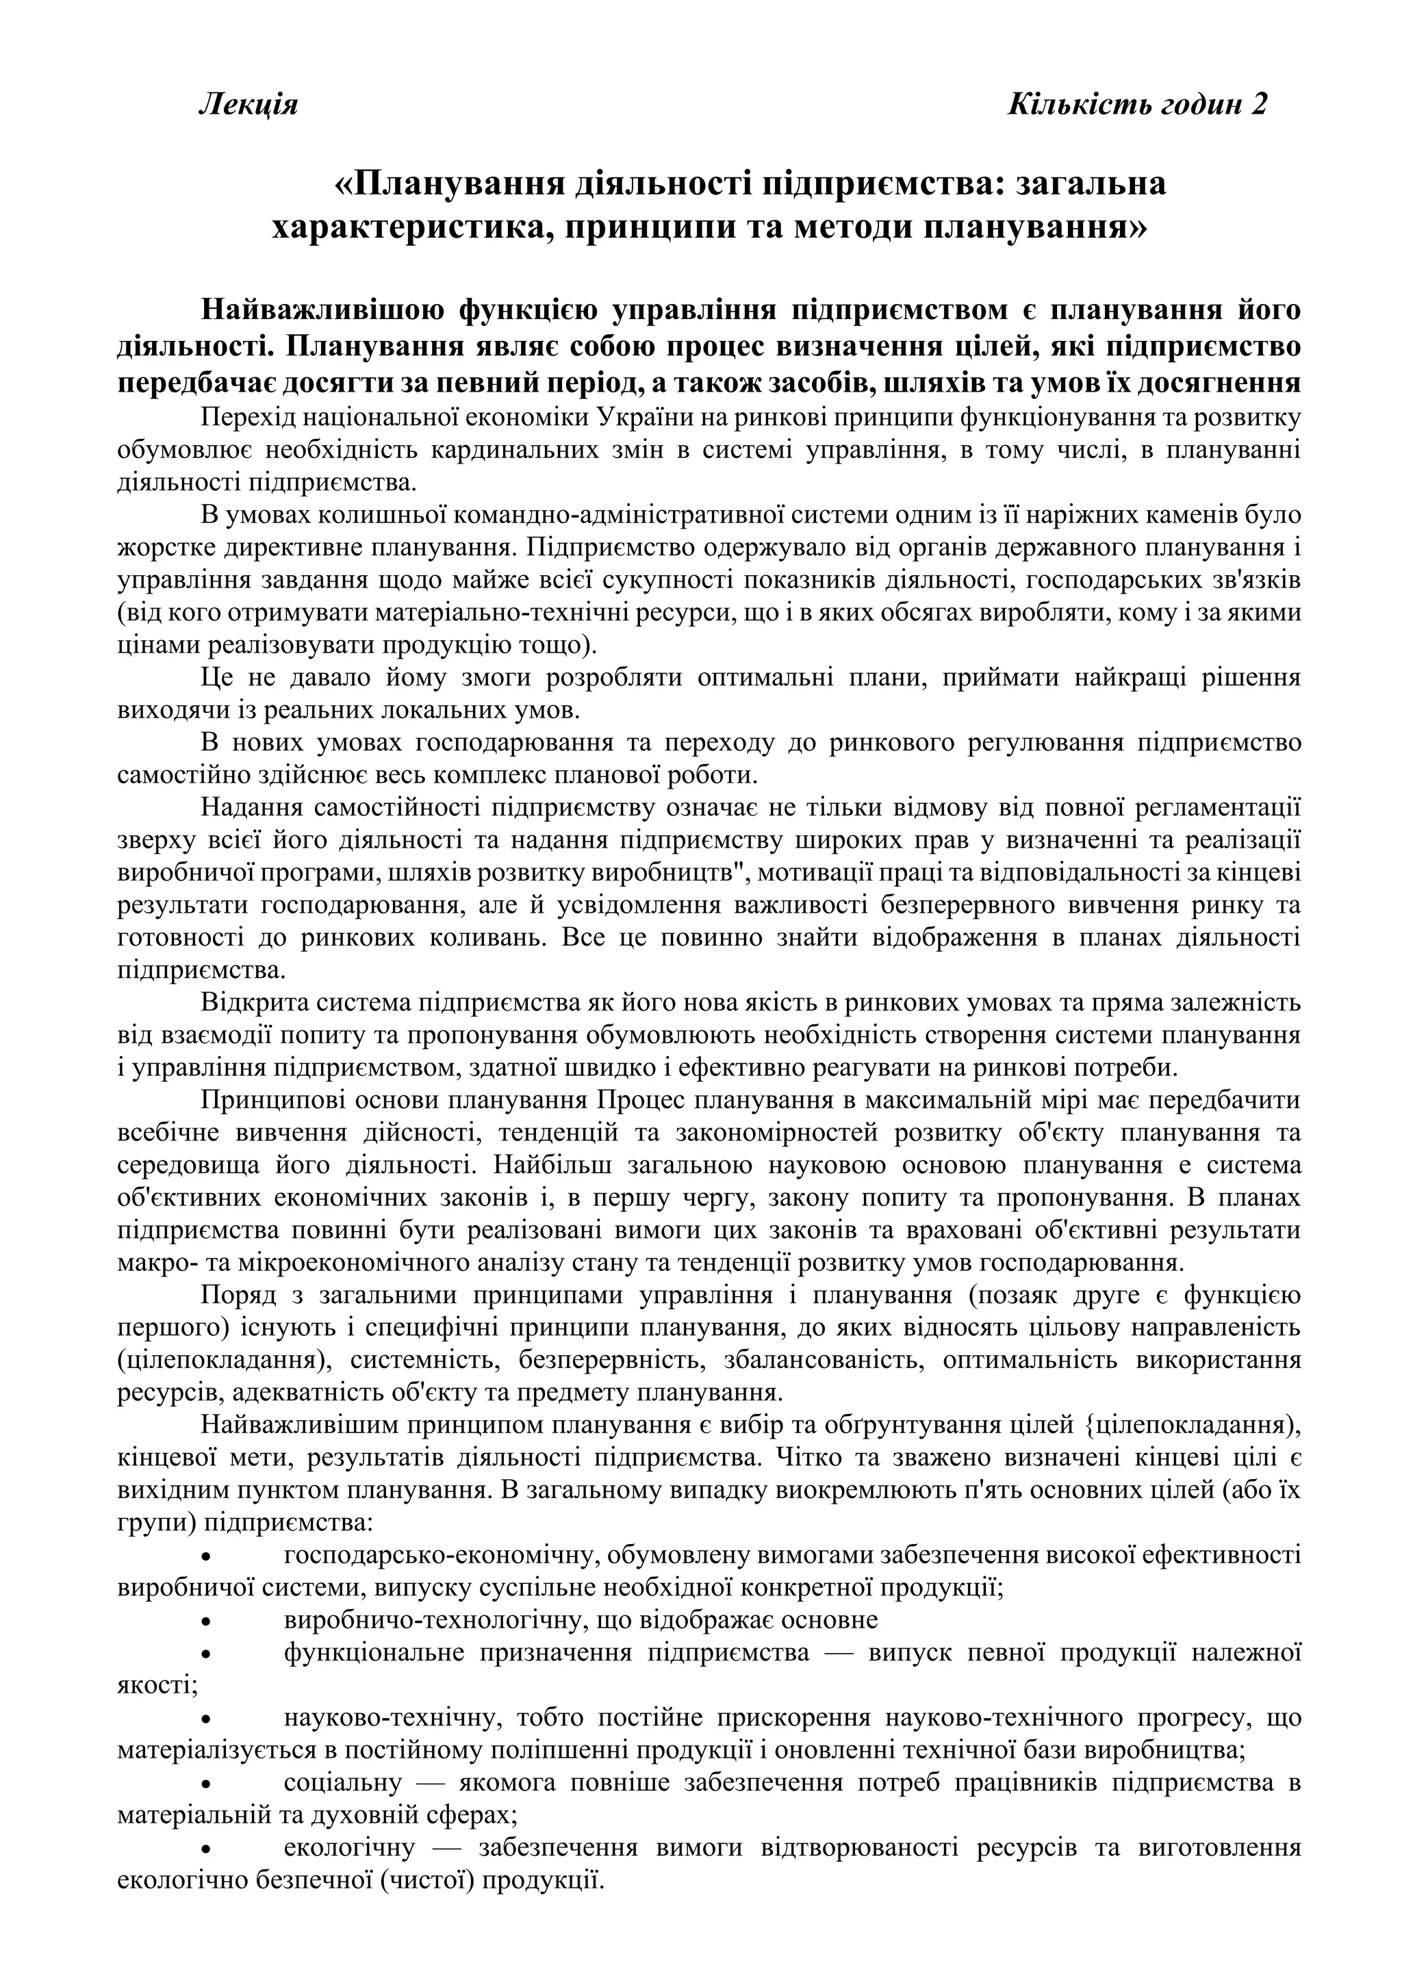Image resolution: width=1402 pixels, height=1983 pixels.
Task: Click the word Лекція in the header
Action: [248, 105]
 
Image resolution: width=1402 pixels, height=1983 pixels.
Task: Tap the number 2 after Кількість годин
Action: [1259, 105]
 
